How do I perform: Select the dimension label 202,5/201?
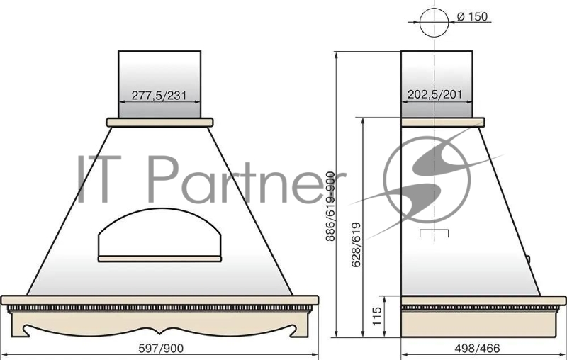click(436, 94)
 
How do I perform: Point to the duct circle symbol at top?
click(434, 21)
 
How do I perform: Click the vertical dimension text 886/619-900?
click(330, 206)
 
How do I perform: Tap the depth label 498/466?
click(483, 348)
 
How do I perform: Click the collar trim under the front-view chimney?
click(159, 122)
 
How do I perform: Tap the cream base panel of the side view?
click(483, 324)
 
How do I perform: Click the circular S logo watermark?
click(428, 181)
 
